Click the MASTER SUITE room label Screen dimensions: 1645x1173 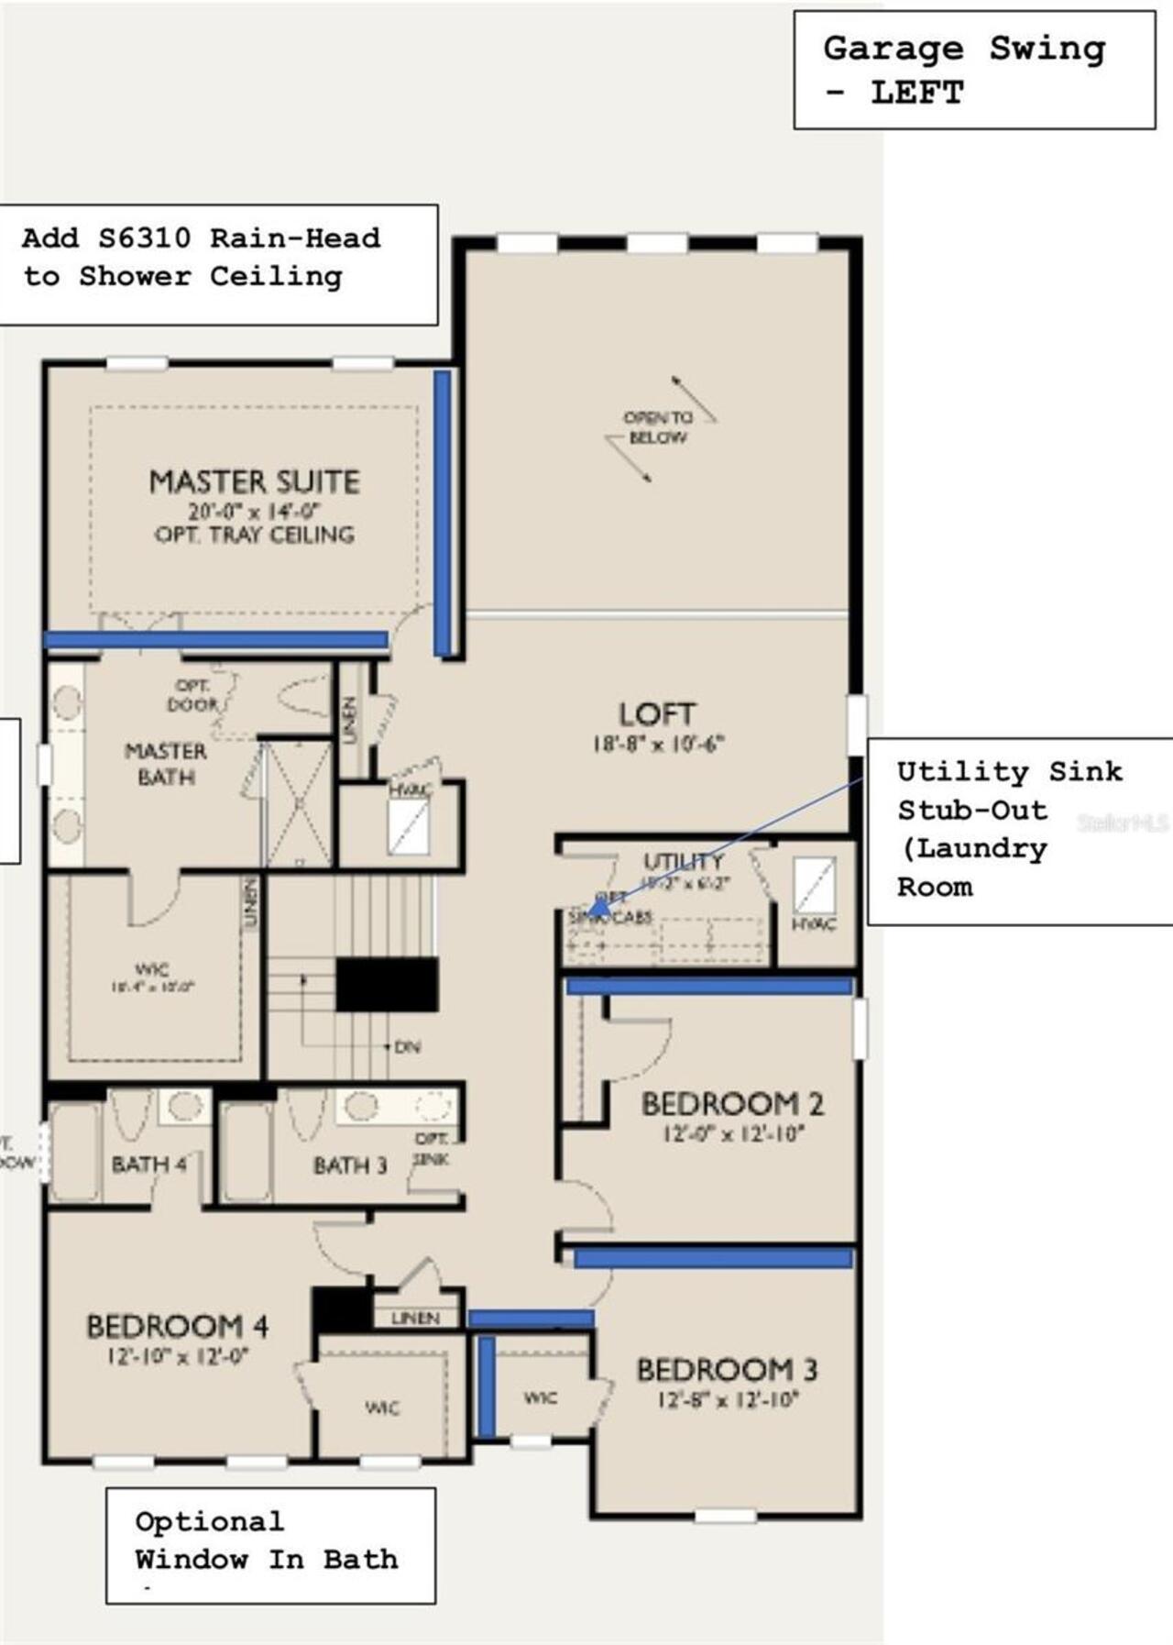click(x=254, y=482)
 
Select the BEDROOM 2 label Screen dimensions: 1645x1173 click(x=731, y=1104)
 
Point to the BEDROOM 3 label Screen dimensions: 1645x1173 click(x=727, y=1370)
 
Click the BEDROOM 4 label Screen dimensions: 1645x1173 click(x=177, y=1327)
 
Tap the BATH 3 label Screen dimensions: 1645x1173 click(x=350, y=1165)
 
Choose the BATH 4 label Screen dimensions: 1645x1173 click(x=148, y=1165)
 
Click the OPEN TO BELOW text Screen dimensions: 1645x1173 click(x=658, y=427)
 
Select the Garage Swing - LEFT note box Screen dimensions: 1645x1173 click(x=973, y=70)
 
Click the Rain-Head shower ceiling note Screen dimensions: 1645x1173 click(x=202, y=258)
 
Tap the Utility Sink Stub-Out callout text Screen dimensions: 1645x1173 click(x=1008, y=829)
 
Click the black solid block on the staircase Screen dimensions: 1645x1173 click(x=386, y=985)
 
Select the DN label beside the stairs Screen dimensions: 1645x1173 click(x=407, y=1046)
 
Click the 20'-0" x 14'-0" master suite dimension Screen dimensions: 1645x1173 click(x=254, y=512)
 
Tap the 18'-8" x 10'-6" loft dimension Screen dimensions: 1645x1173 click(x=657, y=744)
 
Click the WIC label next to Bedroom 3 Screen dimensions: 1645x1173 click(x=540, y=1397)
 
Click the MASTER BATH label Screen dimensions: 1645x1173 click(x=166, y=764)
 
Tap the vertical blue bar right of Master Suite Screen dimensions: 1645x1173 click(x=443, y=513)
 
